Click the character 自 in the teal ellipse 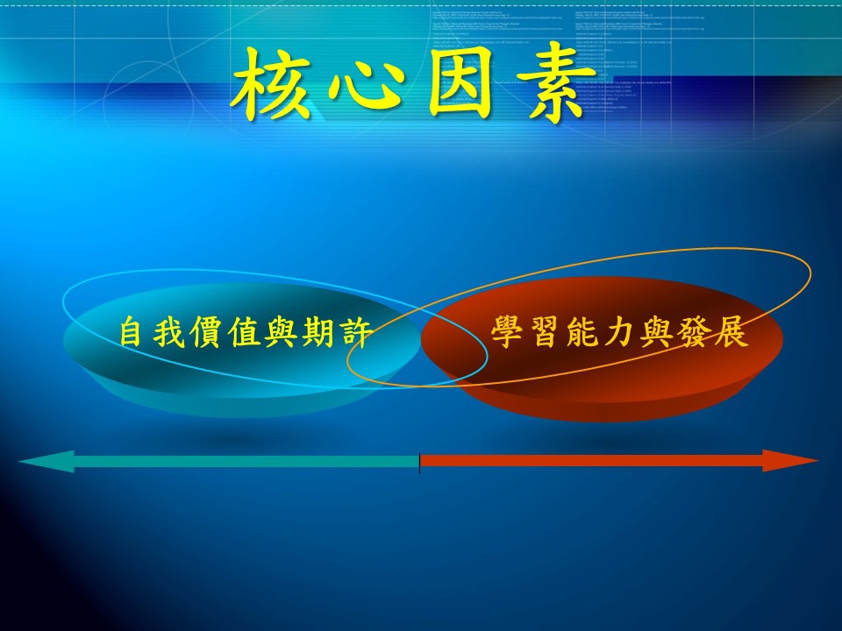pos(131,332)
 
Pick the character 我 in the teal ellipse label pos(168,332)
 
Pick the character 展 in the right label pos(731,332)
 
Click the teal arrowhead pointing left pos(46,462)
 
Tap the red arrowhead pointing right pos(790,461)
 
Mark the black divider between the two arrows pos(419,463)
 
